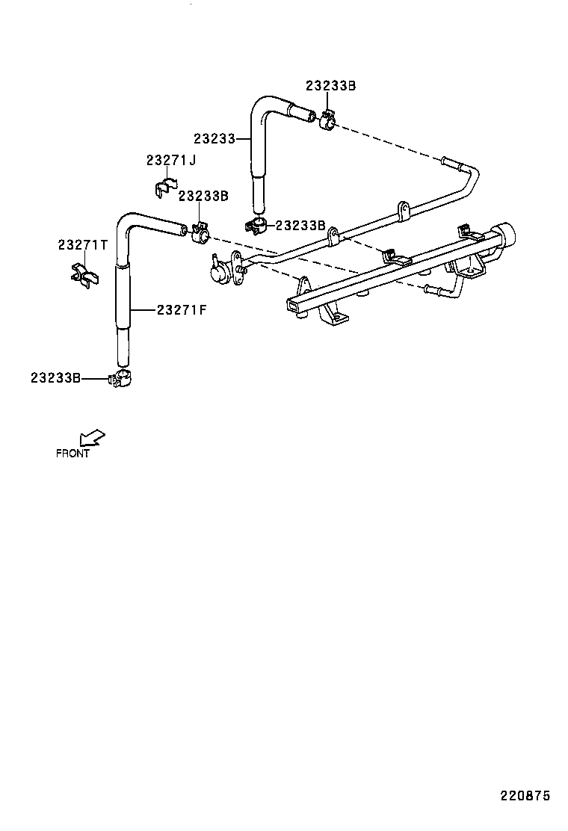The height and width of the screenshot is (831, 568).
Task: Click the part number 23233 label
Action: coord(214,138)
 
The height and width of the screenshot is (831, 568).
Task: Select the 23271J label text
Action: coord(170,160)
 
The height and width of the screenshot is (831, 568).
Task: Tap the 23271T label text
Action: coord(83,245)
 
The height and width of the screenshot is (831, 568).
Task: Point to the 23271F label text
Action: coord(181,309)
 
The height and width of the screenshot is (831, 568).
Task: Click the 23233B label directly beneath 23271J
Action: coord(203,196)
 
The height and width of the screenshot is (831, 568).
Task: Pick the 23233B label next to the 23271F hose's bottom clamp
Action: coord(55,378)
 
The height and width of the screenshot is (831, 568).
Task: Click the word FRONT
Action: coord(72,453)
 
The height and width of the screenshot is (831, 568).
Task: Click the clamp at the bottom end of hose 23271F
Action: coord(122,379)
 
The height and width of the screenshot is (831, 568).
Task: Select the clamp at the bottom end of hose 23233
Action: coord(256,225)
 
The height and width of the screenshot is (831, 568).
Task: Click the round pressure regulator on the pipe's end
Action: coord(220,273)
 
